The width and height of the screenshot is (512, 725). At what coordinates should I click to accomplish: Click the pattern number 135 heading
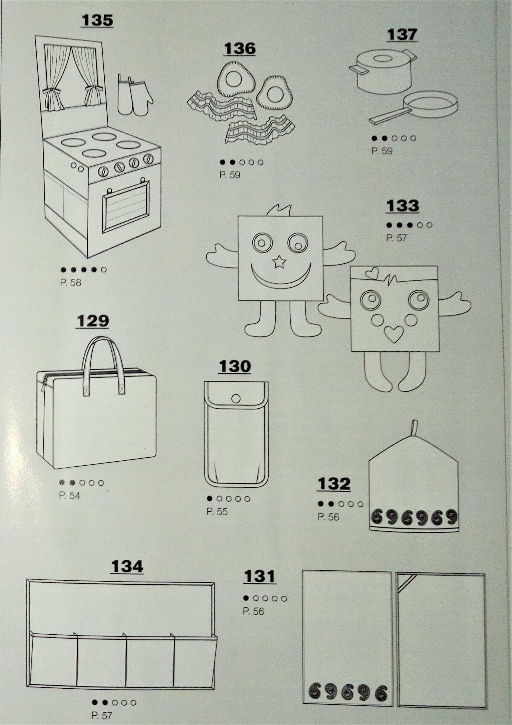pos(97,20)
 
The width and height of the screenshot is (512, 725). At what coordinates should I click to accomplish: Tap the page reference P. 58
pos(70,282)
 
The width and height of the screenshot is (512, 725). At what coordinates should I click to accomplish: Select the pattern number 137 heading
pos(402,35)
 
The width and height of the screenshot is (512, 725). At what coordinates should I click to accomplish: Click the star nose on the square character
pos(279,262)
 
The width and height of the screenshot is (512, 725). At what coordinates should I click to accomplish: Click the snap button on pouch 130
pos(236,399)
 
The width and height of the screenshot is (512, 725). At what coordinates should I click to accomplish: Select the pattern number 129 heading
pos(93,321)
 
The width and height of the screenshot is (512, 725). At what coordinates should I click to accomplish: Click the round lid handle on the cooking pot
pos(383,59)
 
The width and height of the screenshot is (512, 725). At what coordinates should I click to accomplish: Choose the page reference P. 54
pos(69,496)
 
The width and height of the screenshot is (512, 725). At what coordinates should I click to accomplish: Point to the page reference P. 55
pos(217,512)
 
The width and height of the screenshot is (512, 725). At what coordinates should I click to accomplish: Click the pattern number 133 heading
pos(402,206)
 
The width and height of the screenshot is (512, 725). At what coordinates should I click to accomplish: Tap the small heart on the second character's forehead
pos(372,273)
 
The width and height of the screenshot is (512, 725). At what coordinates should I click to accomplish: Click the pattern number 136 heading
pos(239,48)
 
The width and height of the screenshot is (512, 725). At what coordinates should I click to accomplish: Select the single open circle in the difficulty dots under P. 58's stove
pos(104,270)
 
